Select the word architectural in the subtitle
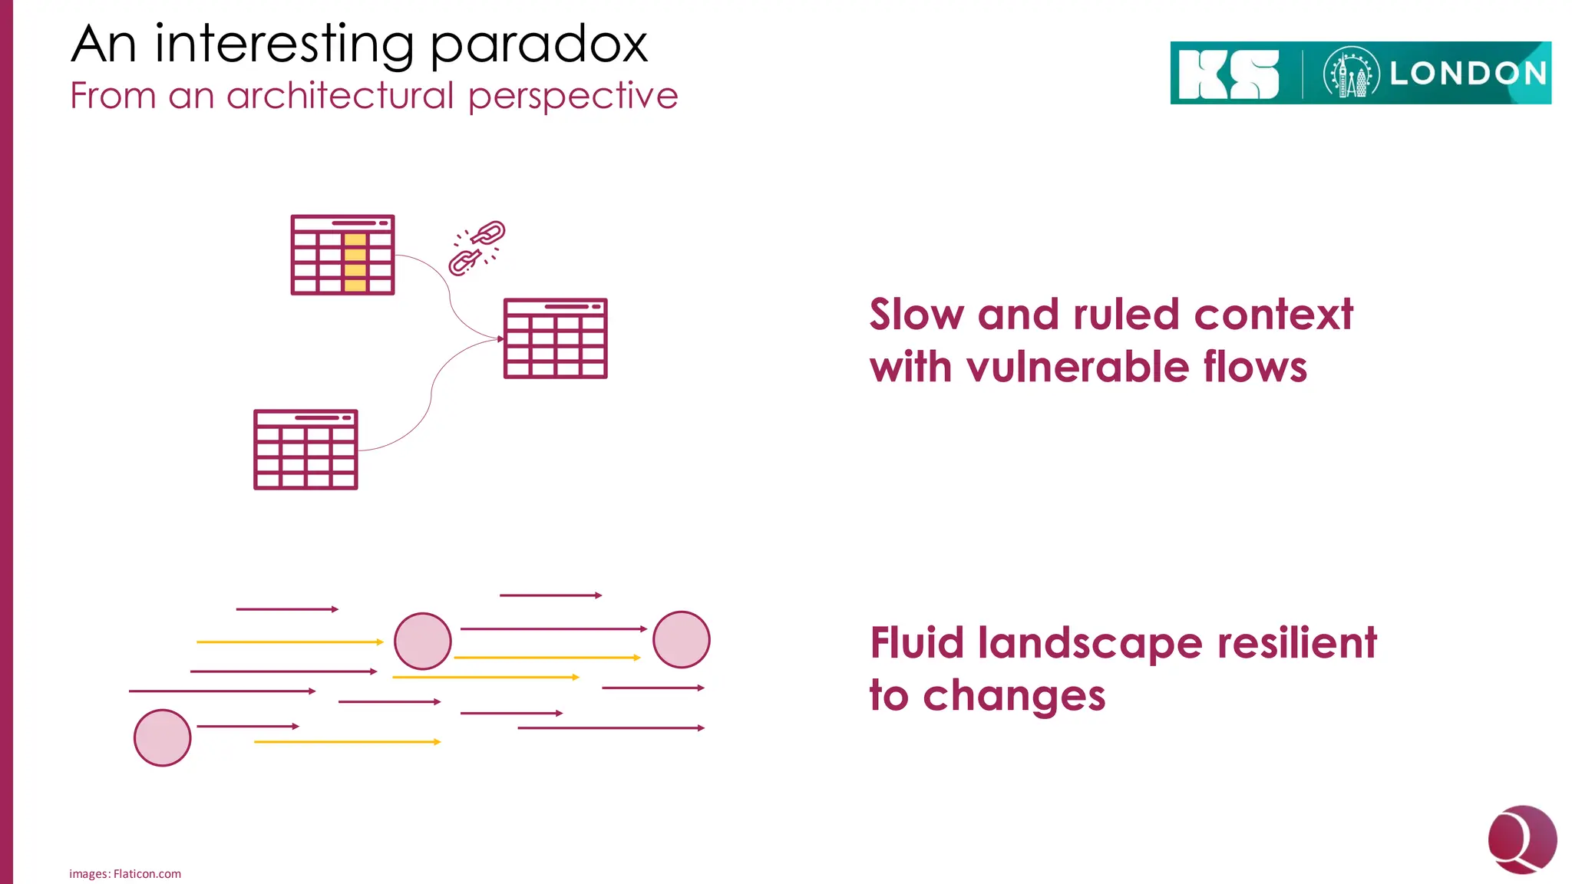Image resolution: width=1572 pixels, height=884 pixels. tap(341, 96)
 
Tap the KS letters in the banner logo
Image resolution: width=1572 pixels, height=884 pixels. tap(1228, 74)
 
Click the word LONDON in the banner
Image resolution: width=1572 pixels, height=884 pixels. tap(1468, 74)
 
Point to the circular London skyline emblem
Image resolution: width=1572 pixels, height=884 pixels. tap(1351, 74)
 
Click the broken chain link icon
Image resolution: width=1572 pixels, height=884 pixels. tap(477, 247)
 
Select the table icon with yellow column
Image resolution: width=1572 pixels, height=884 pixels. tap(342, 255)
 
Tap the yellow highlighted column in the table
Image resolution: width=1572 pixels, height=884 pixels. tap(355, 262)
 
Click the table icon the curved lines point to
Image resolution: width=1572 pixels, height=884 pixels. tap(555, 338)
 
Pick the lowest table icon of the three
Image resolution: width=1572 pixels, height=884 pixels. tap(305, 450)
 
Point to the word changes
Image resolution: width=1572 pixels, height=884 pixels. tap(1013, 695)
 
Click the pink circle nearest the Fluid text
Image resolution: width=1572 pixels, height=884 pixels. tap(682, 639)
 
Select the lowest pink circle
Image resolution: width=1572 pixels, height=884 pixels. tap(162, 737)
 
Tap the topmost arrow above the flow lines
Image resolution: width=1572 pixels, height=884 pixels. tap(550, 595)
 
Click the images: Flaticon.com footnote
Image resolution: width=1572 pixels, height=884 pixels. tap(125, 873)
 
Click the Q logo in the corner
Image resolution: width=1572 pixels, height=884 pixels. tap(1521, 839)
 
